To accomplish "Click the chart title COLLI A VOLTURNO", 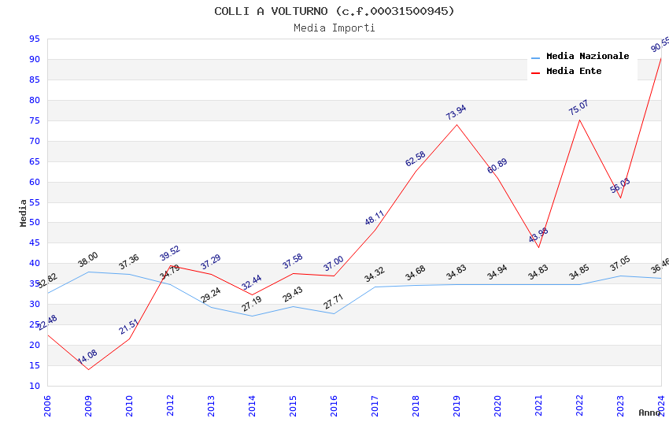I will [334, 11].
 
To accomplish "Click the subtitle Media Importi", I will [334, 28].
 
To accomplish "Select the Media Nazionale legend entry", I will [587, 57].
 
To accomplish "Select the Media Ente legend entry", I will [574, 72].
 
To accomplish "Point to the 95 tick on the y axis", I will [35, 39].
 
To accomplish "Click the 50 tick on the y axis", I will [35, 223].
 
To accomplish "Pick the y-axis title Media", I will [24, 213].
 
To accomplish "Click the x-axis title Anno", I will [649, 413].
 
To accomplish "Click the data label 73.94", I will [456, 113].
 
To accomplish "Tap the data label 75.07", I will [578, 108].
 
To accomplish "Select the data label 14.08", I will [87, 357].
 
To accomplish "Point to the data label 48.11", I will [374, 218].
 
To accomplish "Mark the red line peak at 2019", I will [456, 124].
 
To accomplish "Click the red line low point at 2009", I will [88, 369].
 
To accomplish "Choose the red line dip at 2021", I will [538, 247].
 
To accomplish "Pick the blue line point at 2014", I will [252, 316].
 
